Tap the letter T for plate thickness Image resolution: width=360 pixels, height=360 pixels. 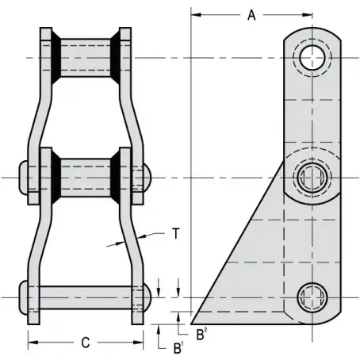tap(175, 233)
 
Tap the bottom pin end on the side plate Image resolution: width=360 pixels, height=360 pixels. tap(311, 298)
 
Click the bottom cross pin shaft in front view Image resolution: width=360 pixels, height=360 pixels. tap(86, 299)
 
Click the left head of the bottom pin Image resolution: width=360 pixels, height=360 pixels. tap(23, 299)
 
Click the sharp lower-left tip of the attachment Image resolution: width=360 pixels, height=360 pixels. tap(193, 324)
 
